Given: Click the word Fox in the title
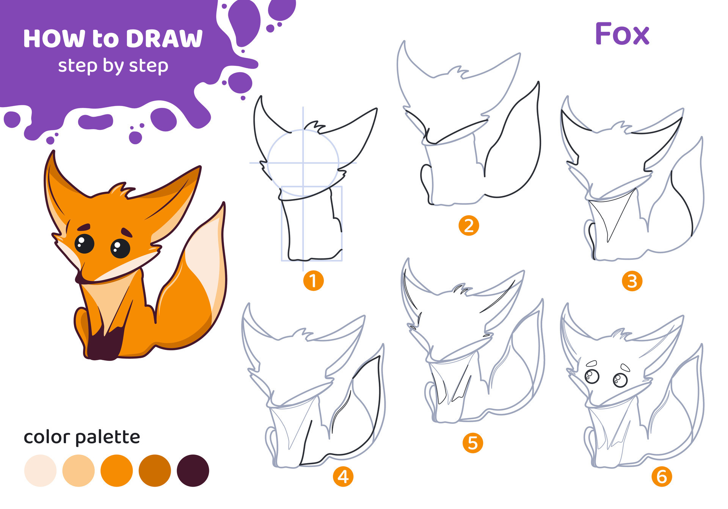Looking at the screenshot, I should click(x=622, y=34).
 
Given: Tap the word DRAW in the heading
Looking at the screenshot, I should click(x=164, y=39).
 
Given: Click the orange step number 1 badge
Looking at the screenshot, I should click(x=313, y=281).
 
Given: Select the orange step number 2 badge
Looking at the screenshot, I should click(x=469, y=226).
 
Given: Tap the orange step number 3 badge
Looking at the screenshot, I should click(x=632, y=281).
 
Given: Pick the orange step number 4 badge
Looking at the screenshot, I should click(x=343, y=476).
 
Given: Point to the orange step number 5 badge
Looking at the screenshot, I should click(x=472, y=443).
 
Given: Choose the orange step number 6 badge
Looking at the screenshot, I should click(x=662, y=476).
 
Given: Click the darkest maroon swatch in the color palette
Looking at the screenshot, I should click(x=193, y=470).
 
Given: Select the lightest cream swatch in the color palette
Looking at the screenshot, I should click(x=40, y=470).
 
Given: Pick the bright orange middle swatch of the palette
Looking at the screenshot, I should click(x=116, y=470).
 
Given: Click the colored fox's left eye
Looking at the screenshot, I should click(x=84, y=244).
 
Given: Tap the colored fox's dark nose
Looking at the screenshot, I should click(x=79, y=279).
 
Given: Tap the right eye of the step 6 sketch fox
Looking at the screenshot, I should click(x=620, y=380).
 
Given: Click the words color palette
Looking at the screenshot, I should click(x=82, y=437).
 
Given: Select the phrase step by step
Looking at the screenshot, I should click(x=113, y=66).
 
